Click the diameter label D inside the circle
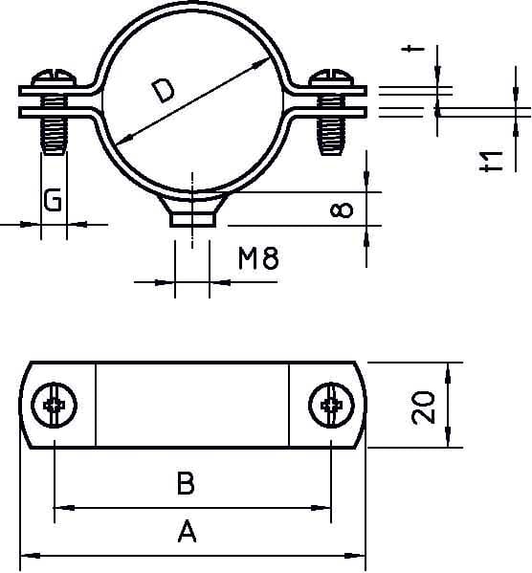point(164,91)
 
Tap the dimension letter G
point(54,200)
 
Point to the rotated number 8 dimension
point(346,209)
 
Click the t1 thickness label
point(493,160)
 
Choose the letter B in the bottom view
point(187,484)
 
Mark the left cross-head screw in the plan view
point(53,407)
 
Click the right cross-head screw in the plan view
point(332,407)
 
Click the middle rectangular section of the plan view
point(192,406)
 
